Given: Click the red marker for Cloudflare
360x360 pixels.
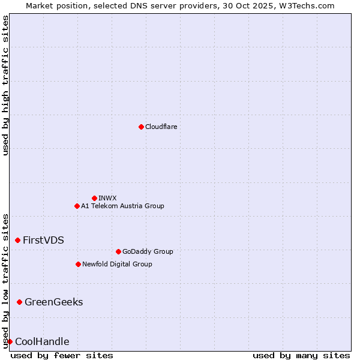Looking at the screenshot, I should [141, 127].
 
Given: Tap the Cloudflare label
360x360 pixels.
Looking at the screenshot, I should [161, 127].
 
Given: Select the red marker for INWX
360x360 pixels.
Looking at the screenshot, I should [94, 198].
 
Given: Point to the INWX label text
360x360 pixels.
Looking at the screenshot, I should [107, 198].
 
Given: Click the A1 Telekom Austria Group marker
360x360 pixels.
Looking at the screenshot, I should [77, 206].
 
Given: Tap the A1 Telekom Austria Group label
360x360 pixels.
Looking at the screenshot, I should [122, 206].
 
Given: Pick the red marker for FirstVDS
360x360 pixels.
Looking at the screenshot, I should [17, 240].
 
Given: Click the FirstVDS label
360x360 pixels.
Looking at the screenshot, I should [43, 240].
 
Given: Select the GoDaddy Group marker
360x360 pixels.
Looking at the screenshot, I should [118, 251].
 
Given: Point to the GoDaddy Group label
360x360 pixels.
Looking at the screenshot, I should [148, 252].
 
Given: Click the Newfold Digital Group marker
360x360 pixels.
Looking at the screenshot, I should [78, 264].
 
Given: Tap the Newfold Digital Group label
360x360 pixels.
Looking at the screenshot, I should [117, 264].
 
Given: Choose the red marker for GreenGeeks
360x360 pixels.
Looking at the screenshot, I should [19, 302].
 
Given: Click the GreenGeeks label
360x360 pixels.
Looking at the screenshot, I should [53, 302].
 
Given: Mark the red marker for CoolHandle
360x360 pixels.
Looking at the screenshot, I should [10, 341].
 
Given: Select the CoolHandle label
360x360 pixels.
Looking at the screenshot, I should [42, 342].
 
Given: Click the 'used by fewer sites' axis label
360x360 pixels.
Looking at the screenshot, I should [62, 355].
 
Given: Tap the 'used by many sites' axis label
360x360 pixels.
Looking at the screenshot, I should [301, 355].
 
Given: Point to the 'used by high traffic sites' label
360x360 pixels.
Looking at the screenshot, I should [5, 85].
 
